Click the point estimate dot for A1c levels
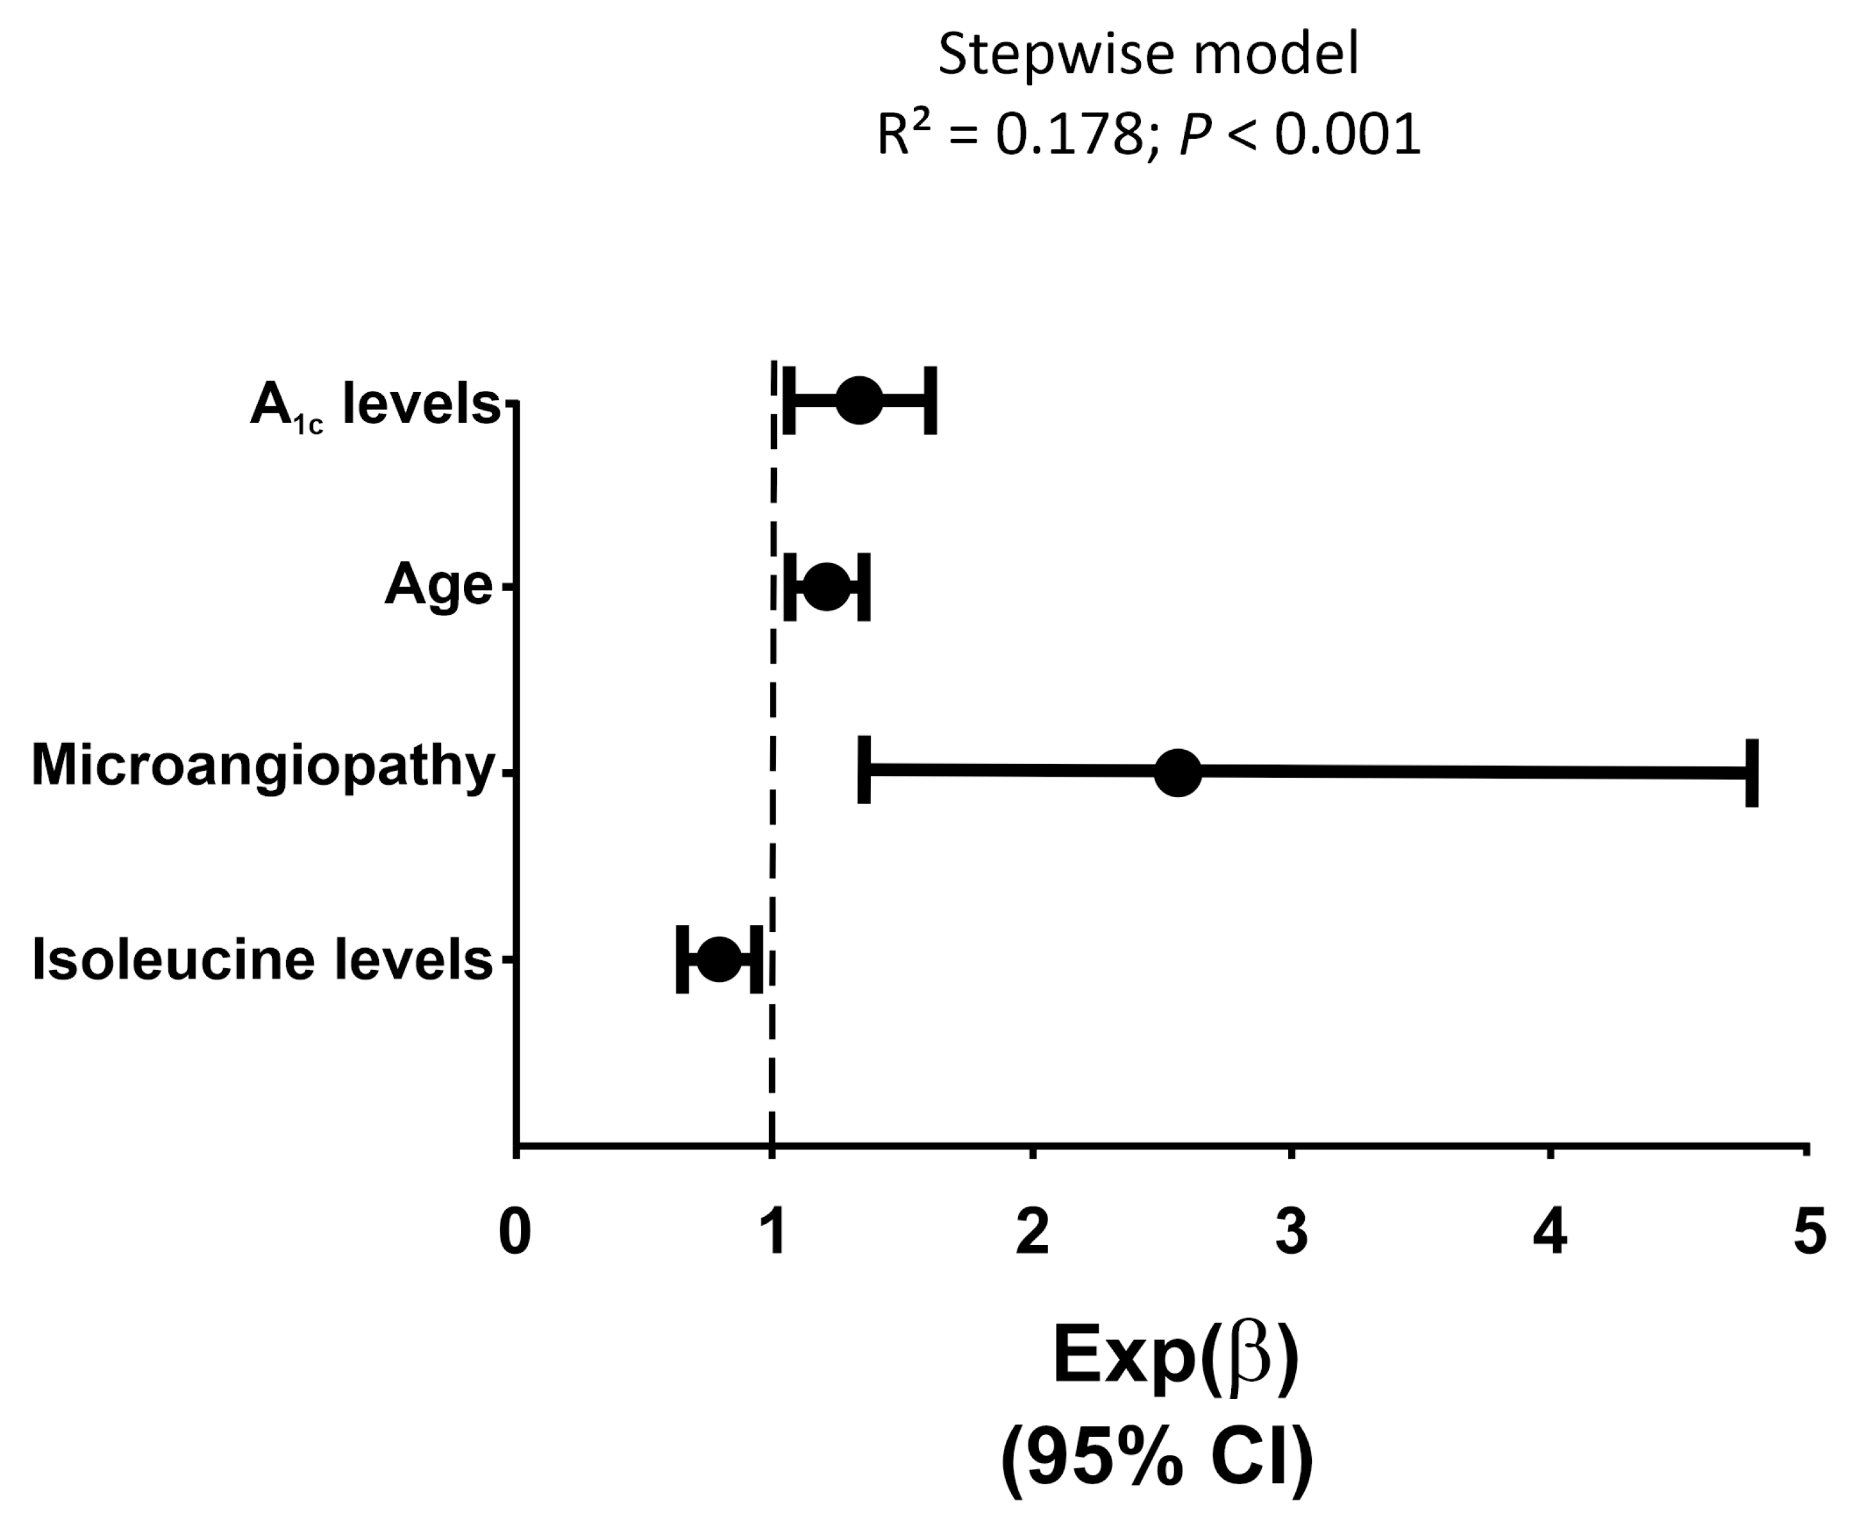coord(858,400)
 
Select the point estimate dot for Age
coord(827,587)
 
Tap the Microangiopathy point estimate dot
coord(1177,772)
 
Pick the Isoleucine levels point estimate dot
coord(719,959)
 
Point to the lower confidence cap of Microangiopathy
coord(864,770)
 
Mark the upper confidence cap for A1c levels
coord(930,400)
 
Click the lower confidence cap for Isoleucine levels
coord(682,959)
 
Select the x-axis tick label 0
coord(514,1232)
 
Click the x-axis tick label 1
coord(772,1232)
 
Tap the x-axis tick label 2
coord(1032,1232)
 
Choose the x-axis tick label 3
coord(1291,1232)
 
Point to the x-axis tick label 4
coord(1549,1232)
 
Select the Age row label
coord(438,585)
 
